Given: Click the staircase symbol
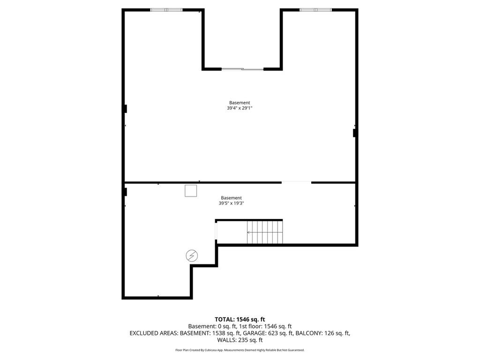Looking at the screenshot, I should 265,232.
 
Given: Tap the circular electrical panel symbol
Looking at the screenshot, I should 192,255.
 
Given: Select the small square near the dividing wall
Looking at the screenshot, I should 191,191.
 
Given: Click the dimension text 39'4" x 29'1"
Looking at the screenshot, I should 240,108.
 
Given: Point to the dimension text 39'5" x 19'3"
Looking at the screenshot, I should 232,203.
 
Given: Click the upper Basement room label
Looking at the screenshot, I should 240,103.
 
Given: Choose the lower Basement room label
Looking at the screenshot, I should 232,198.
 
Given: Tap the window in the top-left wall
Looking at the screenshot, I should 166,9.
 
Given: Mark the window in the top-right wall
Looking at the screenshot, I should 315,9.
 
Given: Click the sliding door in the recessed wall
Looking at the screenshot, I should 242,69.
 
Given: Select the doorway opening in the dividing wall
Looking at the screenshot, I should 296,182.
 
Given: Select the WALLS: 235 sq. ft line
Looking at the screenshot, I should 240,340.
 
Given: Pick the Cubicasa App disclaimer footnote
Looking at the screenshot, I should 240,350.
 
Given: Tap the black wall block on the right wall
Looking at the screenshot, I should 355,133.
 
